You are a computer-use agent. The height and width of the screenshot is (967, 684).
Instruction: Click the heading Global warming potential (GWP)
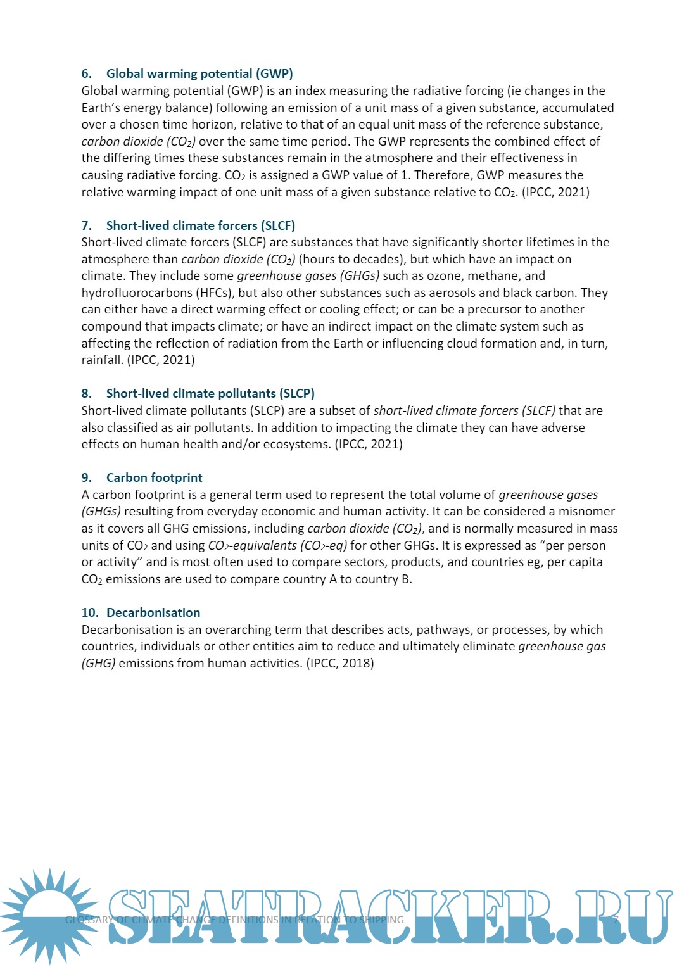pyautogui.click(x=199, y=73)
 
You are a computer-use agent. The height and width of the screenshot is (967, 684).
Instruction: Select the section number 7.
pyautogui.click(x=87, y=225)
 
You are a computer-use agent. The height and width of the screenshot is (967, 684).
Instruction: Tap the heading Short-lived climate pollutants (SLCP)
pyautogui.click(x=210, y=393)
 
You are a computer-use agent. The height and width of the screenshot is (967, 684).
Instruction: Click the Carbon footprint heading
pyautogui.click(x=155, y=477)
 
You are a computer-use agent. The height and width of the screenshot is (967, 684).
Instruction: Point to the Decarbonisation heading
pyautogui.click(x=153, y=612)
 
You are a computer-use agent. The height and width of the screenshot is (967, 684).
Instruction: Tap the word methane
pyautogui.click(x=498, y=275)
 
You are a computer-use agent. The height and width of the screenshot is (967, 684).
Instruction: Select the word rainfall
pyautogui.click(x=102, y=360)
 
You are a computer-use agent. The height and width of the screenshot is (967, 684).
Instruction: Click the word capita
pyautogui.click(x=584, y=562)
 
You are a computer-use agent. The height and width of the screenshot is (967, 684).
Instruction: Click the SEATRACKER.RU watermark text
pyautogui.click(x=389, y=917)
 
